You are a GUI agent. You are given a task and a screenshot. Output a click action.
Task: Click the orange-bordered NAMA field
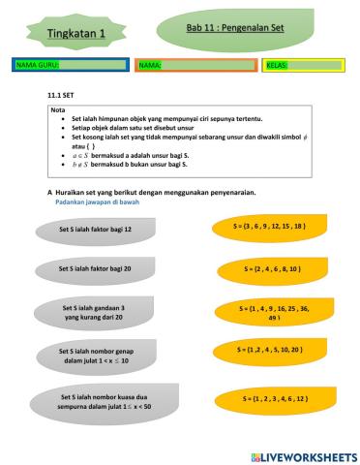pos(195,65)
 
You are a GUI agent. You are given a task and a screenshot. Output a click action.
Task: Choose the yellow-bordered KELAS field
pos(301,65)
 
